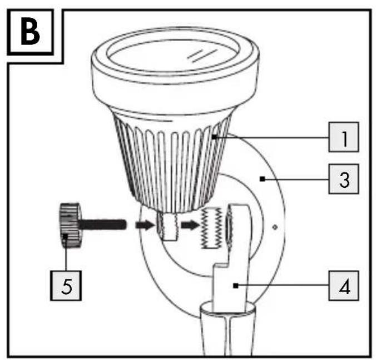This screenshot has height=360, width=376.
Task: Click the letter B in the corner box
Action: click(30, 32)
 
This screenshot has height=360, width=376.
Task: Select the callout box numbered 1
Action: click(344, 137)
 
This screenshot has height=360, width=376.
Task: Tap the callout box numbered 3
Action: click(344, 179)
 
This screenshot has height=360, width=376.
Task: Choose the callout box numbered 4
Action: click(344, 286)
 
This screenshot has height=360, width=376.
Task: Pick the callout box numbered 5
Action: click(66, 286)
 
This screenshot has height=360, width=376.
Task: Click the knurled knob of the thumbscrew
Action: click(69, 226)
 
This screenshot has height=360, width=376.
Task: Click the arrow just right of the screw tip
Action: click(145, 225)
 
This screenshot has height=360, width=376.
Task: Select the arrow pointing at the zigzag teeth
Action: click(190, 225)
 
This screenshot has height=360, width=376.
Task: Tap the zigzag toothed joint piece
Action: click(211, 228)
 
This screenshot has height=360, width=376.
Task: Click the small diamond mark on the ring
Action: click(275, 227)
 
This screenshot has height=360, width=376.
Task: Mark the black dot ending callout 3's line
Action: click(263, 179)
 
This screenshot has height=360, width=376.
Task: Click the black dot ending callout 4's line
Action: click(236, 286)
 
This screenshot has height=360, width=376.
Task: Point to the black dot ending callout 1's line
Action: click(214, 137)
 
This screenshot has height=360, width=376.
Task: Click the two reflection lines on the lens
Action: click(202, 56)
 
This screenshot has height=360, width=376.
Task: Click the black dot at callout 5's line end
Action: click(65, 237)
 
